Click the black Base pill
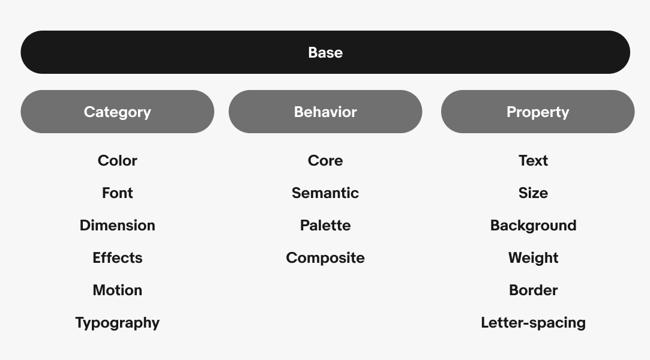tap(325, 52)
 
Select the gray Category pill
tap(117, 112)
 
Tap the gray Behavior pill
tap(325, 112)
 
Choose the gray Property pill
tap(538, 112)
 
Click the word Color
tap(117, 161)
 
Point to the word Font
tap(117, 193)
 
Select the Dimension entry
tap(117, 226)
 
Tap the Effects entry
tap(117, 257)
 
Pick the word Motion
tap(117, 290)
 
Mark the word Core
tap(325, 161)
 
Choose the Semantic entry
tap(325, 193)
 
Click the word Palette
tap(325, 226)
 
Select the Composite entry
tap(325, 258)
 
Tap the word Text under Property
tap(533, 161)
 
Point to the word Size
tap(533, 193)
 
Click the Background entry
tap(533, 226)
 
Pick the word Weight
tap(533, 258)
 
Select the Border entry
tap(533, 290)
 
